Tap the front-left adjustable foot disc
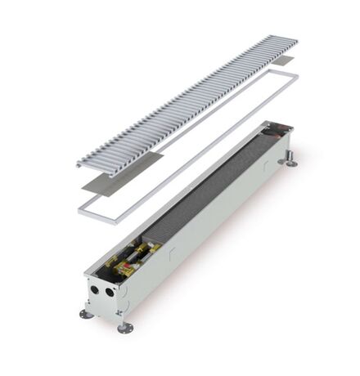tap(85, 314)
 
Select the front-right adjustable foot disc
tap(124, 328)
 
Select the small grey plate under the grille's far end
tap(281, 60)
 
